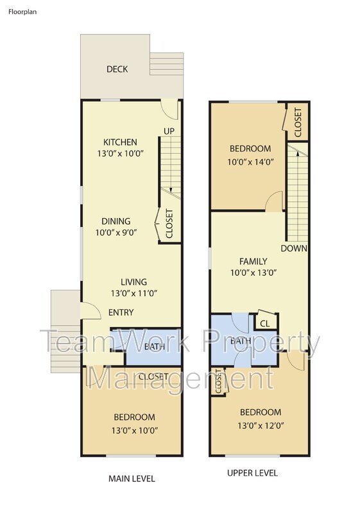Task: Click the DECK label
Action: pos(117,69)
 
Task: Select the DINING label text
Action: pos(116,221)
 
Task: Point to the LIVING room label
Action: pos(133,282)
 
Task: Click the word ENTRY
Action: pos(121,312)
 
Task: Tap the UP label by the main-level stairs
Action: pos(169,131)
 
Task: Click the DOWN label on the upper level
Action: pos(294,248)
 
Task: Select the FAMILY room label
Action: pos(253,261)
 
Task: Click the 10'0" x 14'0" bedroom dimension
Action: pos(250,162)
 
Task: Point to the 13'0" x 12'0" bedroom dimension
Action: pos(260,424)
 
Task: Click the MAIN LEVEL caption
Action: pos(132,478)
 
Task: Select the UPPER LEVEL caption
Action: pos(252,473)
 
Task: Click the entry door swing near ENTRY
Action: pos(90,311)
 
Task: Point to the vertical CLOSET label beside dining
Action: pos(169,224)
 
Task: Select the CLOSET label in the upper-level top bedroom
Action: pos(298,122)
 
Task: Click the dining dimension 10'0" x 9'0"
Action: pos(116,233)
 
